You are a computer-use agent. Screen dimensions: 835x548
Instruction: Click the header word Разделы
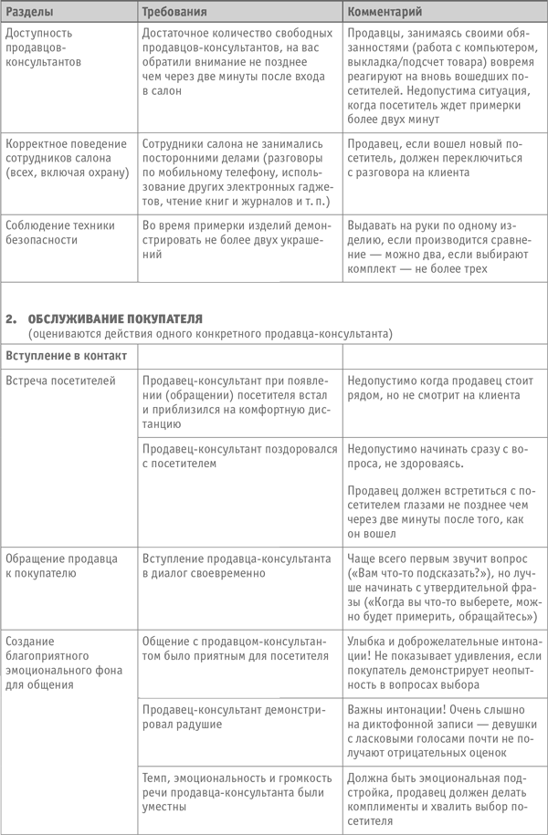point(30,13)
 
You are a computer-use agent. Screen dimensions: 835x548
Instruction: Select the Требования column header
point(174,13)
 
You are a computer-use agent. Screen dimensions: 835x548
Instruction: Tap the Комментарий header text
point(385,13)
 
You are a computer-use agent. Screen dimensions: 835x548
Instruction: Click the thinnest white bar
point(209,136)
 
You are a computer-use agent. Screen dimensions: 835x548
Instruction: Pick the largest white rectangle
point(209,506)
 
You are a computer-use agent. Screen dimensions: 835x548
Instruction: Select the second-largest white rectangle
point(209,680)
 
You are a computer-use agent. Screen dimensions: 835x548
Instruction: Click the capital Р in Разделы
point(10,13)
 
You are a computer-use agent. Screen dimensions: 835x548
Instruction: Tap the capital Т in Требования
point(145,13)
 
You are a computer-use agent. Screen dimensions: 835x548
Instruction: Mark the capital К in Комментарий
point(352,13)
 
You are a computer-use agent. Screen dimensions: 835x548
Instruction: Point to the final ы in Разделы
point(49,13)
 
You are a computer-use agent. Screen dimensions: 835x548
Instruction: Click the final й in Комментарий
point(418,13)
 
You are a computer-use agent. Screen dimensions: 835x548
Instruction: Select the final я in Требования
point(203,13)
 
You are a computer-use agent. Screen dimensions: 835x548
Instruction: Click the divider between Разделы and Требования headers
point(137,12)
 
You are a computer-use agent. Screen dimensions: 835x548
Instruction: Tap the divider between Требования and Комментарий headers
point(342,12)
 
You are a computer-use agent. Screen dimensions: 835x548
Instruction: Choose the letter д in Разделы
point(30,13)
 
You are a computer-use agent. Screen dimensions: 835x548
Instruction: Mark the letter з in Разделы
point(24,13)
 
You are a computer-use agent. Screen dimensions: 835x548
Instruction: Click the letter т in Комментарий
point(394,13)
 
